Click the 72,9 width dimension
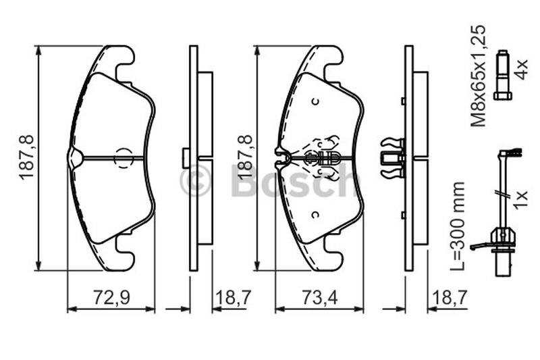pyautogui.click(x=111, y=297)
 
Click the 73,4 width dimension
pyautogui.click(x=319, y=297)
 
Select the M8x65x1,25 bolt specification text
pyautogui.click(x=479, y=76)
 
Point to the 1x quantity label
pyautogui.click(x=520, y=199)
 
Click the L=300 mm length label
pyautogui.click(x=458, y=226)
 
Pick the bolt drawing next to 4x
pyautogui.click(x=502, y=75)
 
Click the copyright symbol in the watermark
pyautogui.click(x=194, y=181)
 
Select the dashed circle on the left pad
pyautogui.click(x=124, y=157)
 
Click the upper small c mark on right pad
pyautogui.click(x=315, y=101)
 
